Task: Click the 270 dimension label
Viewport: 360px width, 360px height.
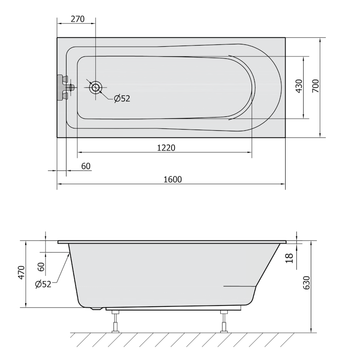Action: (78, 19)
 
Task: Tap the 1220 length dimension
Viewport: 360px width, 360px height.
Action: (166, 148)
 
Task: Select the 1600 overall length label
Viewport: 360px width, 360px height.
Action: (173, 179)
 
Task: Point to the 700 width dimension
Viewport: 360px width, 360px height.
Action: (316, 86)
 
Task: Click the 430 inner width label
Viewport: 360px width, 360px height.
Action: (299, 86)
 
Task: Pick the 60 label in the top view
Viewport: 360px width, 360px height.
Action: (86, 166)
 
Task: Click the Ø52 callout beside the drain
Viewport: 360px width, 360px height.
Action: (122, 98)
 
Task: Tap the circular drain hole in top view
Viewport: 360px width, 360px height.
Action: (96, 87)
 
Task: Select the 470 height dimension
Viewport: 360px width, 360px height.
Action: (21, 272)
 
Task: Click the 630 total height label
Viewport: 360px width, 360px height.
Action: (307, 283)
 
